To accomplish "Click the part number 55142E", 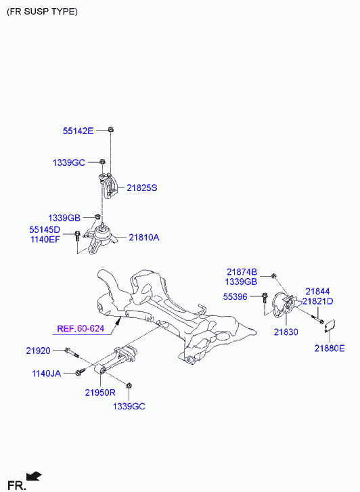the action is (78, 131).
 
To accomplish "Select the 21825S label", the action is (142, 188).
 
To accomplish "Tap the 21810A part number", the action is (144, 238).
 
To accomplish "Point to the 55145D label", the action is (45, 229).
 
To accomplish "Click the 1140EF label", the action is (45, 240).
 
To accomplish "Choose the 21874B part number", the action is (242, 272).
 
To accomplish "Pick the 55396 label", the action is (235, 296).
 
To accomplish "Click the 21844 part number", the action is (317, 292).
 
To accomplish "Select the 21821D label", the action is (317, 301).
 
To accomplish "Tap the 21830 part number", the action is (286, 332).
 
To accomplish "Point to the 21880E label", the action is (330, 349).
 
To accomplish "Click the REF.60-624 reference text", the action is (81, 329).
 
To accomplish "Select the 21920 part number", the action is (38, 351).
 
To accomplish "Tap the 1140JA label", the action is (47, 374).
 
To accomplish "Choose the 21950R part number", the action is (100, 393).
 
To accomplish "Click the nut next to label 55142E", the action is (110, 129).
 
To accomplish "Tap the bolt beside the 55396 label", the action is (265, 298).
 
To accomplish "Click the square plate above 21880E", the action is (330, 326).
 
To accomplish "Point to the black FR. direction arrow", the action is (34, 476).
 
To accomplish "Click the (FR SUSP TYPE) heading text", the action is (42, 12).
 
